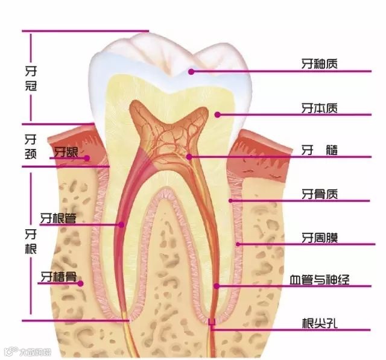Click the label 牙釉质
pyautogui.click(x=319, y=62)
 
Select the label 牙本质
pyautogui.click(x=319, y=109)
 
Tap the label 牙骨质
pyautogui.click(x=319, y=194)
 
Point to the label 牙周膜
pyautogui.click(x=319, y=238)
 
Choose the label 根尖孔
pyautogui.click(x=319, y=322)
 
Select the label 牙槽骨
pyautogui.click(x=58, y=277)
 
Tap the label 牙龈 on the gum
pyautogui.click(x=66, y=151)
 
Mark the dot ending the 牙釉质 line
pyautogui.click(x=191, y=71)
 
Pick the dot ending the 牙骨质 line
pyautogui.click(x=230, y=200)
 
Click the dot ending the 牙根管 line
pyautogui.click(x=121, y=225)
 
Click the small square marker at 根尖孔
pyautogui.click(x=212, y=323)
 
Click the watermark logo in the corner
pyautogui.click(x=10, y=350)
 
